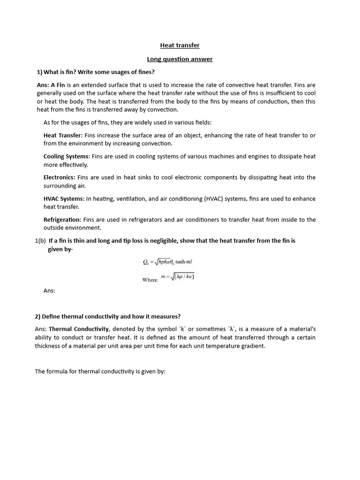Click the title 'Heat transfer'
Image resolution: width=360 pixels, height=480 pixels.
180,45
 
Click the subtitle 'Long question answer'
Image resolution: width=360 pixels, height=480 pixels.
180,59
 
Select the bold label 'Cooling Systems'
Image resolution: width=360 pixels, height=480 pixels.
66,157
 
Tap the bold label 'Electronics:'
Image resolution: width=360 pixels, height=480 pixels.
59,178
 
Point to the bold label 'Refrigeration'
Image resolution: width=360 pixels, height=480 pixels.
62,220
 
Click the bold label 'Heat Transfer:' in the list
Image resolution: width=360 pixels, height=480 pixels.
63,135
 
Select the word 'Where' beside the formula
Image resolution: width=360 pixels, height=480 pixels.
150,280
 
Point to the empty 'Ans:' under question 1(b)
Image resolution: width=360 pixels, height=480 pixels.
49,291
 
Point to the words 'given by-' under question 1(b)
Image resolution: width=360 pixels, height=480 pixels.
60,249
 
